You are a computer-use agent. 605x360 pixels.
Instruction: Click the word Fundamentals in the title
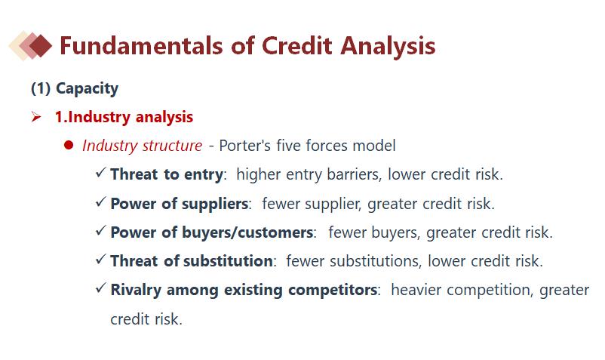141,45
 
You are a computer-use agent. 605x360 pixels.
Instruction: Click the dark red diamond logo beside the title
41,45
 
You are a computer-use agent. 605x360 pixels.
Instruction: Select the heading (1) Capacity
75,88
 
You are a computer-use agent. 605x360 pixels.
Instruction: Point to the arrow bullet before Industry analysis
36,116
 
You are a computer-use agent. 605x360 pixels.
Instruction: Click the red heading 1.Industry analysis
124,117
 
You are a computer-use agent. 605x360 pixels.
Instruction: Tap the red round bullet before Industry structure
69,145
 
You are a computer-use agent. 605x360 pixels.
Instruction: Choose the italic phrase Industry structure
142,146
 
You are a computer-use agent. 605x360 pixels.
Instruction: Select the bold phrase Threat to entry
167,174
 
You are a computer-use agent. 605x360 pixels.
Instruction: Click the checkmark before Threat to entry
100,173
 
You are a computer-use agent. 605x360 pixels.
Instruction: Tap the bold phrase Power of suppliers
180,204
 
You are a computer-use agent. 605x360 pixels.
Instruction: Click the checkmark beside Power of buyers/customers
100,230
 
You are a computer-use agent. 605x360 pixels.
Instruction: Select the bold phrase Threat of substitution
192,261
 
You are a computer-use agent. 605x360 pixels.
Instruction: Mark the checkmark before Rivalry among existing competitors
100,288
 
